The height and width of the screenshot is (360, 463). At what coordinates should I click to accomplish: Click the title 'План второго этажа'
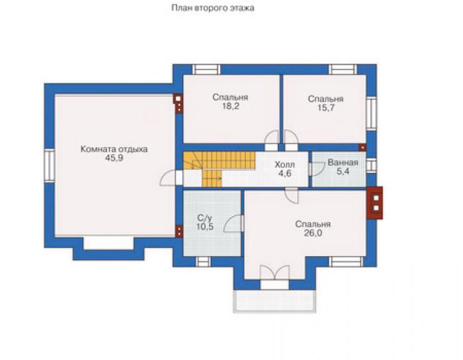point(213,8)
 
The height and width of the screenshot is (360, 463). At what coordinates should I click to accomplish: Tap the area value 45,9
point(114,158)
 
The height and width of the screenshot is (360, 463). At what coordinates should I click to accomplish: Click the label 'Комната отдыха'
point(114,149)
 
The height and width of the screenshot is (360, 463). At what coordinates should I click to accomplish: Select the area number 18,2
point(231,106)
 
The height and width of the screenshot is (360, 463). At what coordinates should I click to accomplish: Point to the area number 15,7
point(326,108)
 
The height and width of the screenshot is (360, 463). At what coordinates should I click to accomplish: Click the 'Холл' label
point(285,165)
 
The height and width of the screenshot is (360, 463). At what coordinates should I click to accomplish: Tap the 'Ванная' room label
point(343,163)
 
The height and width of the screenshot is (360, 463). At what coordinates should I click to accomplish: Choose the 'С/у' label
point(205,218)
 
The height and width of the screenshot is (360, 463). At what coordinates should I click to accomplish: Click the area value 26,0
point(313,233)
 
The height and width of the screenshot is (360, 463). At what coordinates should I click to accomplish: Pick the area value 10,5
point(205,227)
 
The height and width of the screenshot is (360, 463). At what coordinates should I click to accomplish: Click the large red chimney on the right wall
point(375,203)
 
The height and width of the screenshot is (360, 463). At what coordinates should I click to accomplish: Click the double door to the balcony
point(275,272)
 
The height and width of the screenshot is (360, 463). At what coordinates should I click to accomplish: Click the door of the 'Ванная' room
point(317,169)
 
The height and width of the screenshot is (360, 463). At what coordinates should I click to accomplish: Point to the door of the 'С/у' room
point(234,224)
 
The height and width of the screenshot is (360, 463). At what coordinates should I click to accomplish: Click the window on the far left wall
point(49,165)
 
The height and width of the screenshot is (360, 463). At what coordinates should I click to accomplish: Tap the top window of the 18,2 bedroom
point(206,69)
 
